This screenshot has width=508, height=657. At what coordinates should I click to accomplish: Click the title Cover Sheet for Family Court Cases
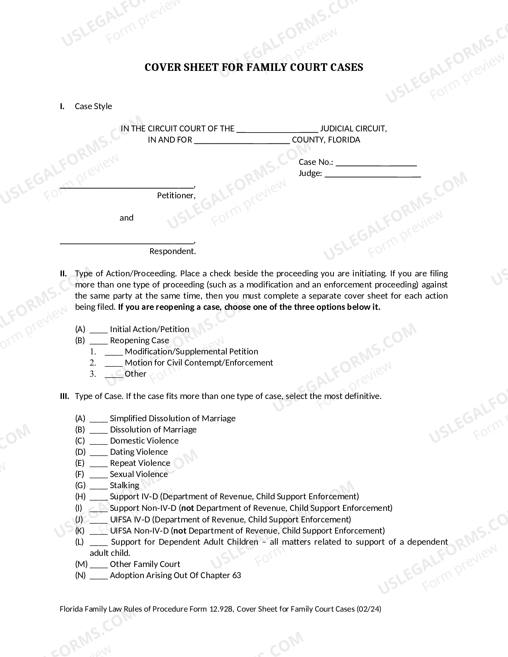[x=254, y=67]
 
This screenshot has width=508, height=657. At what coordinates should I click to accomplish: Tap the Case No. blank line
[x=377, y=163]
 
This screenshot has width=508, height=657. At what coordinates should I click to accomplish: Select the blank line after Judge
[x=373, y=174]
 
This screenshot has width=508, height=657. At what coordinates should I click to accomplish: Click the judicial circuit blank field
[x=277, y=129]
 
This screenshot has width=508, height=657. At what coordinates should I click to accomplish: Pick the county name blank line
[x=242, y=141]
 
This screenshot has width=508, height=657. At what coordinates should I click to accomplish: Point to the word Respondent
[x=173, y=251]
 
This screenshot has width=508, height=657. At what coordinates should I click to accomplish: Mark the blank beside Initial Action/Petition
[x=98, y=330]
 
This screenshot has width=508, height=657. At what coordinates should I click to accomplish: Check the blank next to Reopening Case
[x=98, y=341]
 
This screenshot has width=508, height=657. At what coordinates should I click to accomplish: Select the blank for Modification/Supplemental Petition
[x=114, y=352]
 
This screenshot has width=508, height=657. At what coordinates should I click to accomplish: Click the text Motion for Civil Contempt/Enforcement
[x=199, y=363]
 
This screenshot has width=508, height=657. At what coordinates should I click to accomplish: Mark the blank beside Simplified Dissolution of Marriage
[x=98, y=419]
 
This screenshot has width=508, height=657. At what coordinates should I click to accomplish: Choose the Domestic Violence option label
[x=144, y=441]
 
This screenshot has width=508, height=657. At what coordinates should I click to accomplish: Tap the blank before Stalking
[x=98, y=486]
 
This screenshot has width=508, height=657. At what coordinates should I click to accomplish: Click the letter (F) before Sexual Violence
[x=80, y=474]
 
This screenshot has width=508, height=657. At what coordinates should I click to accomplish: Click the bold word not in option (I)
[x=188, y=508]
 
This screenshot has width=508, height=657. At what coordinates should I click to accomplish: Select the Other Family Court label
[x=145, y=564]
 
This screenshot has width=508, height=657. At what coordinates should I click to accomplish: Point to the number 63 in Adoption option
[x=236, y=575]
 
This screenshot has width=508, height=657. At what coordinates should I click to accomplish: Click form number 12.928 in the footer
[x=221, y=609]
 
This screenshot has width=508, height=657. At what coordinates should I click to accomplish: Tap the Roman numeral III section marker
[x=65, y=396]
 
